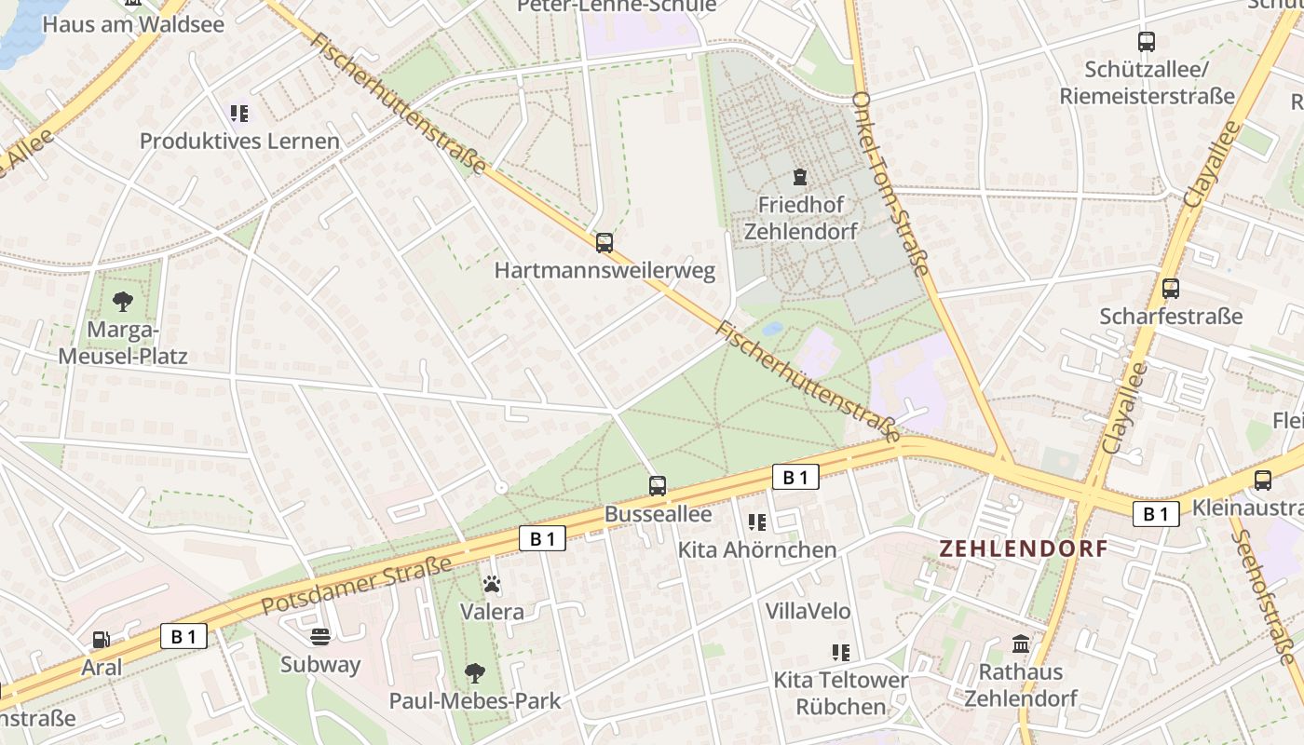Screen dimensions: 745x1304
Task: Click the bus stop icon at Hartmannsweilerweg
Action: pyautogui.click(x=604, y=243)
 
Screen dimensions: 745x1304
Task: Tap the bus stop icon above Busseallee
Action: pyautogui.click(x=658, y=485)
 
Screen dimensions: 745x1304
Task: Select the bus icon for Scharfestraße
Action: pyautogui.click(x=1171, y=289)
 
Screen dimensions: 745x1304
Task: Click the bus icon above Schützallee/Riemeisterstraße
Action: pyautogui.click(x=1147, y=42)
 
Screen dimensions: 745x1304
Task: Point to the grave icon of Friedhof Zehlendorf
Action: pyautogui.click(x=799, y=177)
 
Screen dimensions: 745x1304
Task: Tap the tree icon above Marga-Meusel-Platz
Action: pyautogui.click(x=122, y=301)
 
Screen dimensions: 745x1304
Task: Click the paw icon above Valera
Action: pyautogui.click(x=492, y=585)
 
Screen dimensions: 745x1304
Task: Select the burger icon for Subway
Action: pyautogui.click(x=320, y=637)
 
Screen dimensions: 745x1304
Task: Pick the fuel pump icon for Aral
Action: pyautogui.click(x=101, y=640)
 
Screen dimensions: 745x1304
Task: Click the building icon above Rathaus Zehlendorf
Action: pyautogui.click(x=1021, y=644)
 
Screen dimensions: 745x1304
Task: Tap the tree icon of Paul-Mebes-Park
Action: pyautogui.click(x=475, y=672)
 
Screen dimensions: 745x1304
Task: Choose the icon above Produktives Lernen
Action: pyautogui.click(x=239, y=114)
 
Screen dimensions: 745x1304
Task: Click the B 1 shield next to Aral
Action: pyautogui.click(x=183, y=637)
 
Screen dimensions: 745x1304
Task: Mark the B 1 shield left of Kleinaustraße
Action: pyautogui.click(x=1156, y=514)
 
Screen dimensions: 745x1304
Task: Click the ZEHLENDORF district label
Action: pyautogui.click(x=1024, y=549)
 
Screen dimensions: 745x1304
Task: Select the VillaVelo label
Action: pyautogui.click(x=808, y=611)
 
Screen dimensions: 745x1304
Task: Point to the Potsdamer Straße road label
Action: pyautogui.click(x=357, y=587)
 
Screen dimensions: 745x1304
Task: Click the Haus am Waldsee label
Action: pyautogui.click(x=133, y=24)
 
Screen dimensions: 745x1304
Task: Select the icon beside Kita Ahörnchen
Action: pyautogui.click(x=757, y=522)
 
